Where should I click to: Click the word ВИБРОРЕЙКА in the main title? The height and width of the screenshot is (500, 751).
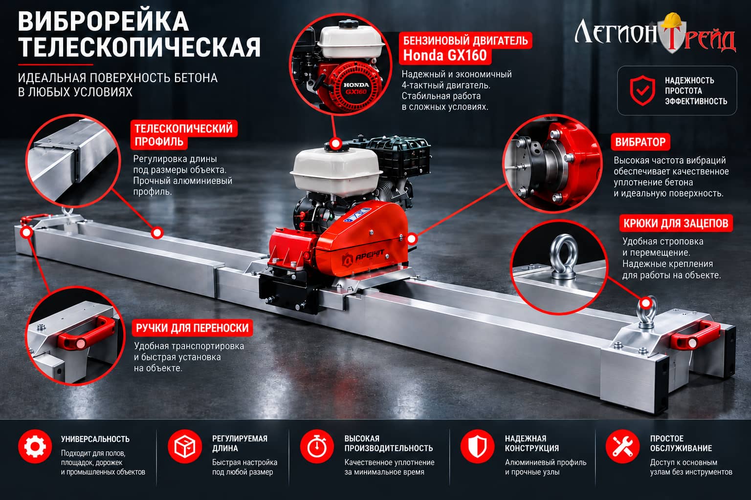point(103,21)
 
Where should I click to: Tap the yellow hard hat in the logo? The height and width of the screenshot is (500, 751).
point(673,21)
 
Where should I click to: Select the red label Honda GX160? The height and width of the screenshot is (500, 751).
point(445,55)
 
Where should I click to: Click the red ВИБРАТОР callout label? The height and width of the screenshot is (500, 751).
point(640,142)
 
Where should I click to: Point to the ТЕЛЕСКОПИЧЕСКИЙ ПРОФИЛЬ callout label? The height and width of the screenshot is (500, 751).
point(184,135)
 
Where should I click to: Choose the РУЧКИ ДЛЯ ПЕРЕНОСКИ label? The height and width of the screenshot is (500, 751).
point(192,328)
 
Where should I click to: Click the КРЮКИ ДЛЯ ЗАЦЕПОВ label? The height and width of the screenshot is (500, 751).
point(676,223)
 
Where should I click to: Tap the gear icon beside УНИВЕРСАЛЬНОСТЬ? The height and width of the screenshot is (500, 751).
point(35,446)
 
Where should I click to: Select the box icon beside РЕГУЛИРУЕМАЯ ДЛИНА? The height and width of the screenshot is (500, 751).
point(185,446)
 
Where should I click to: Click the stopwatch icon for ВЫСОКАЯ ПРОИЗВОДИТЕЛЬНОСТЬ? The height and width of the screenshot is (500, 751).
point(317,446)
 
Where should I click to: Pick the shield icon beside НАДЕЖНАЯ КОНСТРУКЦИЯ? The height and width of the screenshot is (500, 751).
point(477,446)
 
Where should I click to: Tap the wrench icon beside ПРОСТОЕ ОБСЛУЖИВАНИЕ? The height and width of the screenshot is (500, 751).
point(622,446)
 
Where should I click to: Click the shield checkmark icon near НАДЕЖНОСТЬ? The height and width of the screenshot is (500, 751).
point(642,90)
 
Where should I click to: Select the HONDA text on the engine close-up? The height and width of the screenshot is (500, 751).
point(356,85)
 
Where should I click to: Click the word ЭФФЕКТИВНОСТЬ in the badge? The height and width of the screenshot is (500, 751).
point(696,101)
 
